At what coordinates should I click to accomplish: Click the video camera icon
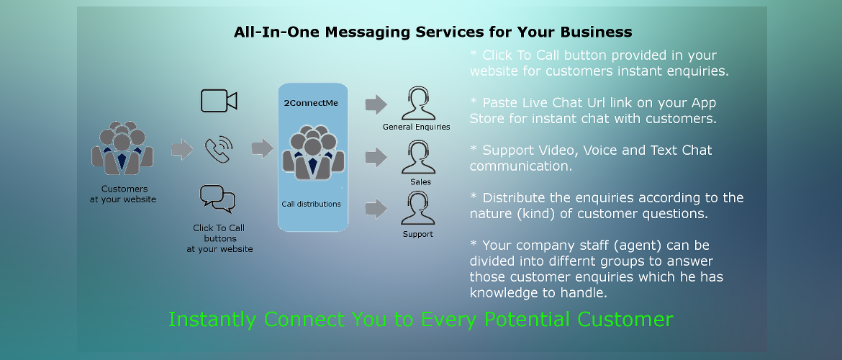pyautogui.click(x=219, y=101)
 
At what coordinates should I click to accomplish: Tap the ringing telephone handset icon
pyautogui.click(x=219, y=150)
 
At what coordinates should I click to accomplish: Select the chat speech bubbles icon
pyautogui.click(x=218, y=199)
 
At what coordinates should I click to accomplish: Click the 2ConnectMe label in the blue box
pyautogui.click(x=311, y=103)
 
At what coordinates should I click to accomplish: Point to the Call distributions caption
pyautogui.click(x=311, y=204)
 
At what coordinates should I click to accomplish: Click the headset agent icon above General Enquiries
pyautogui.click(x=417, y=104)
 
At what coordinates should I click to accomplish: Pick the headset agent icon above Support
pyautogui.click(x=418, y=210)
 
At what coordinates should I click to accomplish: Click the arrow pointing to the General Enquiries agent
pyautogui.click(x=376, y=104)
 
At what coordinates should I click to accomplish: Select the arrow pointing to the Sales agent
pyautogui.click(x=376, y=158)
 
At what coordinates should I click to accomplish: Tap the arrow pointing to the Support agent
pyautogui.click(x=376, y=210)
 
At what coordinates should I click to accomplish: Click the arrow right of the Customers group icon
pyautogui.click(x=182, y=149)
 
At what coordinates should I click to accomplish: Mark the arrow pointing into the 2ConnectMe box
pyautogui.click(x=262, y=149)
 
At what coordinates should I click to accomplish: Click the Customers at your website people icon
pyautogui.click(x=122, y=148)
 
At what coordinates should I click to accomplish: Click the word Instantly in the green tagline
pyautogui.click(x=213, y=320)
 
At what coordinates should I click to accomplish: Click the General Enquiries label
pyautogui.click(x=416, y=127)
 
